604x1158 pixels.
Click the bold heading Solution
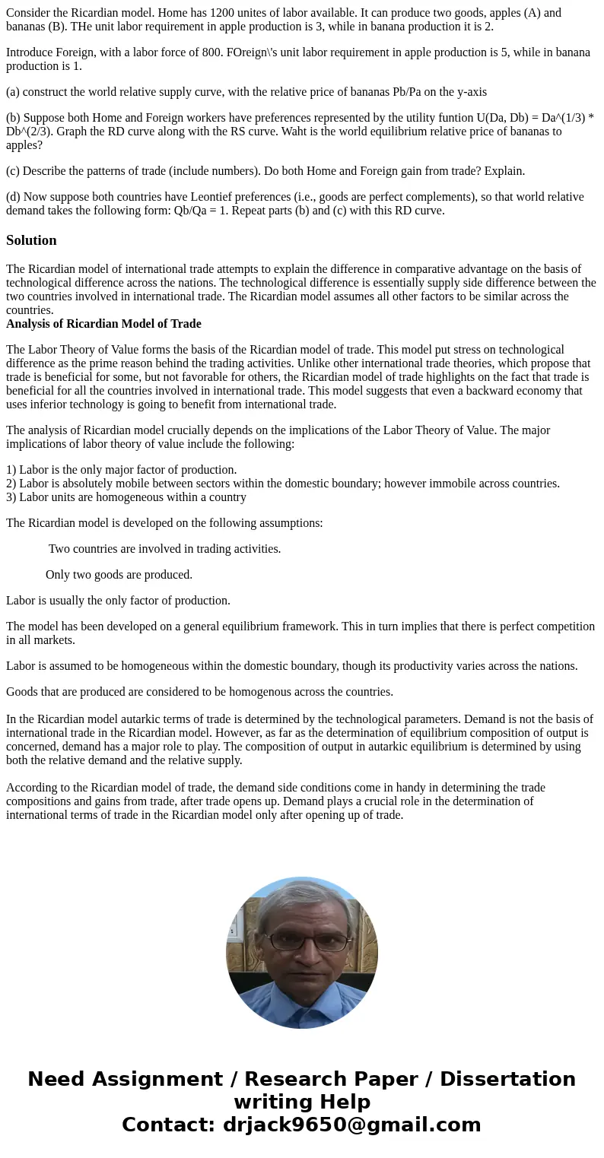coord(31,240)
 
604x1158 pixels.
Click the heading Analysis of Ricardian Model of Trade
coord(103,324)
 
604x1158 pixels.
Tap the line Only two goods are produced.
coord(119,575)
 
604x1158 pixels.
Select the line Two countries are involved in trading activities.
coord(164,549)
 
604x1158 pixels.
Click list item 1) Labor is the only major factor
coord(122,470)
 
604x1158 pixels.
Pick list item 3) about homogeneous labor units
coord(126,497)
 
